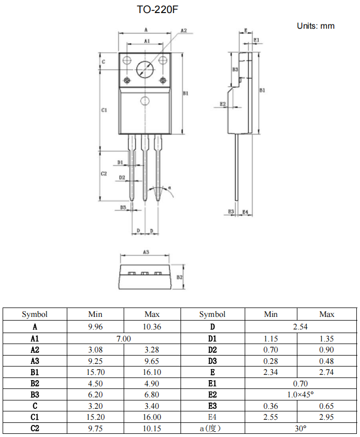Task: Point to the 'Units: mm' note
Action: [x=316, y=26]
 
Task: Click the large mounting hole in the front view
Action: [x=146, y=69]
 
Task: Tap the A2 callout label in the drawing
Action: [x=184, y=31]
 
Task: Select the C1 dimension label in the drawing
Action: [x=104, y=110]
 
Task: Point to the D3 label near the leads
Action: [x=123, y=207]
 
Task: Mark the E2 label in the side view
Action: [x=223, y=104]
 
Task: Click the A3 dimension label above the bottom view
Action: [x=146, y=252]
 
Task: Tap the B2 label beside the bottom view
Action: [x=179, y=277]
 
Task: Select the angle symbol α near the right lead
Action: [x=170, y=186]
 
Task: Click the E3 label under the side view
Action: [x=231, y=211]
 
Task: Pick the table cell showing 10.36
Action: [x=152, y=327]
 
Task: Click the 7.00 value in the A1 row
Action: [x=123, y=338]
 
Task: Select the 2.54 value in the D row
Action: [x=301, y=327]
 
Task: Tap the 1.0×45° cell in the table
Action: [x=301, y=395]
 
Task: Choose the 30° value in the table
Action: [x=301, y=428]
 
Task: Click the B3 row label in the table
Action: [x=35, y=395]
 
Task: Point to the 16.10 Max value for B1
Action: [x=152, y=372]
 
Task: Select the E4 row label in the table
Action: [x=212, y=417]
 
